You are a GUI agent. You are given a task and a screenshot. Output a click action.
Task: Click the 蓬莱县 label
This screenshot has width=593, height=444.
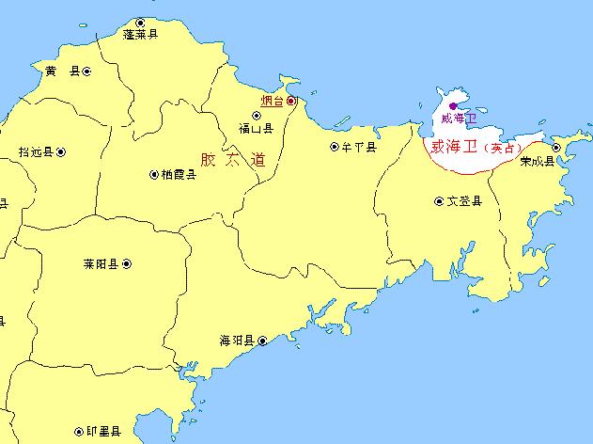141,34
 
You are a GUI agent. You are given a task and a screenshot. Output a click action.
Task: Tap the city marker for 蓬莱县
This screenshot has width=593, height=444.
141,22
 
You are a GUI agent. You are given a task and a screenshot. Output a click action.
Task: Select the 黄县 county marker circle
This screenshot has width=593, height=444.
86,71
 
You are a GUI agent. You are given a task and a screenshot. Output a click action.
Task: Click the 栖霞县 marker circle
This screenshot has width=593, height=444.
154,174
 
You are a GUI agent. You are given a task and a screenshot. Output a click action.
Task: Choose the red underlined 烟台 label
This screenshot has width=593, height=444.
272,101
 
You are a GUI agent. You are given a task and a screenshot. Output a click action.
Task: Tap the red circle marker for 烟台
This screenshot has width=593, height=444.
291,100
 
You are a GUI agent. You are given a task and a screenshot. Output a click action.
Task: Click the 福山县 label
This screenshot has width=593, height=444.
256,128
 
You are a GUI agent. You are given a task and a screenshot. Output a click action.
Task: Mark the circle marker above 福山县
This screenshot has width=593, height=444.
257,116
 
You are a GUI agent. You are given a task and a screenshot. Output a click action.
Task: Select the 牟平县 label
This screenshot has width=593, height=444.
359,147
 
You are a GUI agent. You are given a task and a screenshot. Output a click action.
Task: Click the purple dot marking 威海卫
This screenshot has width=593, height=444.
453,105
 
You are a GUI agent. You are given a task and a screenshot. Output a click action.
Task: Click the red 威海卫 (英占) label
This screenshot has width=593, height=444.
473,148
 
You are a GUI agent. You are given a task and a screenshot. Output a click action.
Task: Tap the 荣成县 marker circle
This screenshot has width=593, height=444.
556,148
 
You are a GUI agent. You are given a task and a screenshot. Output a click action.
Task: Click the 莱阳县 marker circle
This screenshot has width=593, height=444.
128,264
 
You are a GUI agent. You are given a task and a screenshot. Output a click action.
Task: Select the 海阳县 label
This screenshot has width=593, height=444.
237,341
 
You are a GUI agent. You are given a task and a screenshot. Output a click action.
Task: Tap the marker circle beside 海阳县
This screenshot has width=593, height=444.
262,341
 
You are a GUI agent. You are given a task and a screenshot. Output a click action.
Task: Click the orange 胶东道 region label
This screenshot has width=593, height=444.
233,159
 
